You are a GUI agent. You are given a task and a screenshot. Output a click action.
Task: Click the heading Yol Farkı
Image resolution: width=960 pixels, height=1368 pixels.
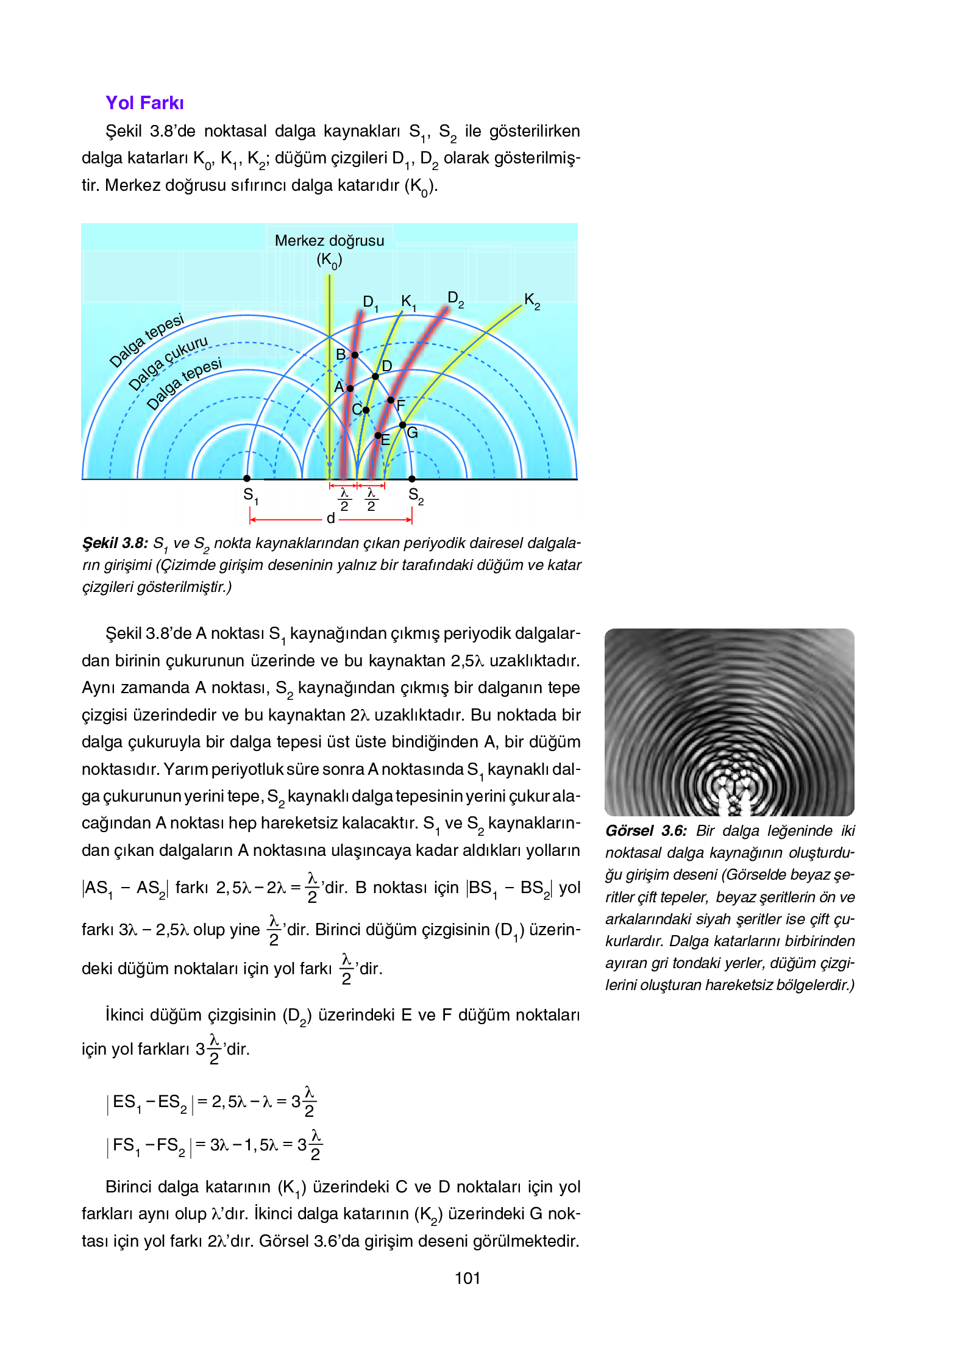(144, 102)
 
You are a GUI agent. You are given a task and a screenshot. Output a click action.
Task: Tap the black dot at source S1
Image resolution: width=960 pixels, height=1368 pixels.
(247, 479)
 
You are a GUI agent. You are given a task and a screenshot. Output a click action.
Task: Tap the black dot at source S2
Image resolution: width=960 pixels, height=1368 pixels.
(412, 479)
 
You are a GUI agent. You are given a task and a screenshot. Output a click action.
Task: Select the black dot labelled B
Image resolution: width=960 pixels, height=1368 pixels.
(355, 355)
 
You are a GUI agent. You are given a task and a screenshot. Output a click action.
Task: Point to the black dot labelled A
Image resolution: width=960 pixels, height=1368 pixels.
(350, 388)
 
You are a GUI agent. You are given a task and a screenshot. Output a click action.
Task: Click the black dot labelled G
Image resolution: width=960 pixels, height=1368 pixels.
(402, 425)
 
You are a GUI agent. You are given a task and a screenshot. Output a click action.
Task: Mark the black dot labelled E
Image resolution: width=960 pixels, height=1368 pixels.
(378, 435)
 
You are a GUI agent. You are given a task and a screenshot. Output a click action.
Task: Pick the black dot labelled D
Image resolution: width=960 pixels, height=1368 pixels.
(375, 376)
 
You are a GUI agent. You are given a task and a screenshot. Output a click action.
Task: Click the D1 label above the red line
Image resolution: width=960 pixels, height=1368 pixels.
(370, 303)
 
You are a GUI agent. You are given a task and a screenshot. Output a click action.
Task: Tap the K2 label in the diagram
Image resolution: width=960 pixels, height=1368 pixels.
(532, 301)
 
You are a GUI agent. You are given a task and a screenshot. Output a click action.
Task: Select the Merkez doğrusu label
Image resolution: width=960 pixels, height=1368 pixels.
(329, 241)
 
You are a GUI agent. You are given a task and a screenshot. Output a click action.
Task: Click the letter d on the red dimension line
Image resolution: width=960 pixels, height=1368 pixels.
(330, 518)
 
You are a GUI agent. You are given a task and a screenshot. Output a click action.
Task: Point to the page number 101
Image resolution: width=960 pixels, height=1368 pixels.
(468, 1278)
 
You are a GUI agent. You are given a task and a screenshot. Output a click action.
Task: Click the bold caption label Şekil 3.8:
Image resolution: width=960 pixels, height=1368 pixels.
(115, 543)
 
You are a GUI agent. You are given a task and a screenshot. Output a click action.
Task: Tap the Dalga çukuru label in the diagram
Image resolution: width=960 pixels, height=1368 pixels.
(168, 363)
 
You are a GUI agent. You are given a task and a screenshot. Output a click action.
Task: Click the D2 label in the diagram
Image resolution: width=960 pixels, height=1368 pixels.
(455, 299)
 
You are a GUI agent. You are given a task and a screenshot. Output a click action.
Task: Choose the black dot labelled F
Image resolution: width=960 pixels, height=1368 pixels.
(391, 401)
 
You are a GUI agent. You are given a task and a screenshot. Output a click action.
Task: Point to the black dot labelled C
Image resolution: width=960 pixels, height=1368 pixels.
(366, 410)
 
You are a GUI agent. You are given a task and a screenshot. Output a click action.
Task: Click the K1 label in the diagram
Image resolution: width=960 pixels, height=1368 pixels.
(408, 302)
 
